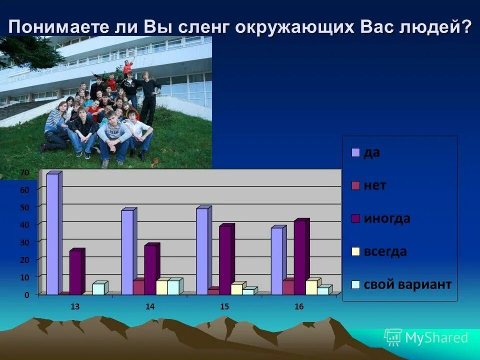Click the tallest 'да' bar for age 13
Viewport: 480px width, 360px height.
(52, 233)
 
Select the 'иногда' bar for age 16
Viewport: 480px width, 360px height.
(299, 257)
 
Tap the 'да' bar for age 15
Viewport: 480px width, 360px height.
(202, 251)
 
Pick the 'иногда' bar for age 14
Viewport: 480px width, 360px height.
(150, 269)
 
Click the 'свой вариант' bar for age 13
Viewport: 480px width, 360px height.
(98, 288)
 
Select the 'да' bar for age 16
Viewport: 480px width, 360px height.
(277, 260)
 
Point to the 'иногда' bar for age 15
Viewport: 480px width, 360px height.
(225, 260)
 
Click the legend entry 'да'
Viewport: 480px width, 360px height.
(371, 152)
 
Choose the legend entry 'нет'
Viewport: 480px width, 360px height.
(374, 185)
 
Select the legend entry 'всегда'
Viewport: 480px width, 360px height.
(384, 251)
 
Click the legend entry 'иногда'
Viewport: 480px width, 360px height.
(386, 218)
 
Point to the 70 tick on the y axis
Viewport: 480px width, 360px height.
(25, 172)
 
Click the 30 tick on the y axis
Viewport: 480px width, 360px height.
(25, 242)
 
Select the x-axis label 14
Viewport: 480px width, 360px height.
(150, 306)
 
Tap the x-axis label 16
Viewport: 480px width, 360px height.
(299, 306)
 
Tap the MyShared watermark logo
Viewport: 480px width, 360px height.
(426, 337)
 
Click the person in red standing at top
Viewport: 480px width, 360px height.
(128, 66)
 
